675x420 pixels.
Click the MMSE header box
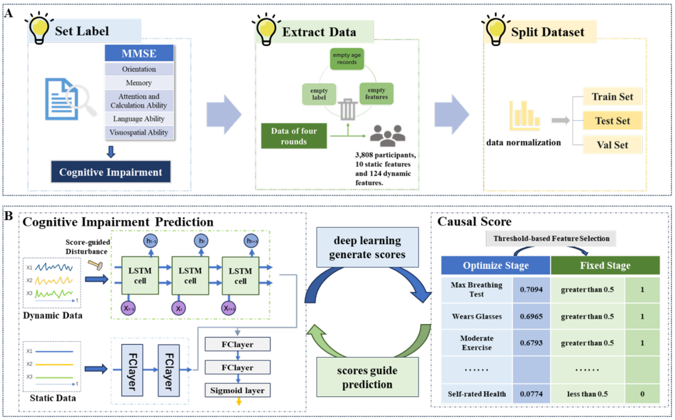[139, 53]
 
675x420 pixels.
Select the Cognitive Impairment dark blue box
[111, 172]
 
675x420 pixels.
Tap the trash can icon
[348, 109]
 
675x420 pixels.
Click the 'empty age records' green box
[347, 59]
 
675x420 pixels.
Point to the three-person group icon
[387, 133]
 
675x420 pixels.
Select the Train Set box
[612, 96]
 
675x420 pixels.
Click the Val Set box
[612, 145]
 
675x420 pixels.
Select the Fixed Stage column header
[605, 265]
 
